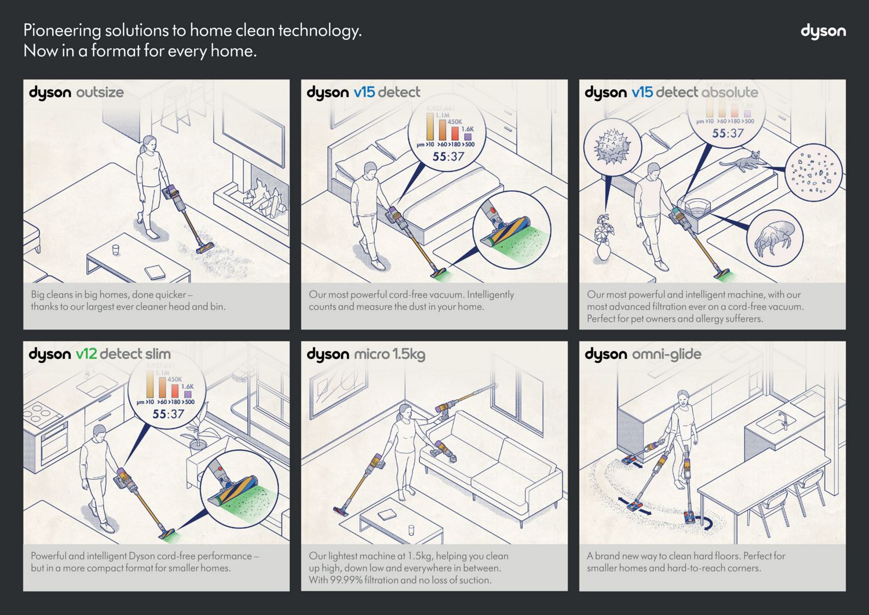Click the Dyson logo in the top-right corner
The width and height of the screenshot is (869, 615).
823,31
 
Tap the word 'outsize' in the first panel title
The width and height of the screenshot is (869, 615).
100,92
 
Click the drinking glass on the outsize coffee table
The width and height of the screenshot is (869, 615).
115,250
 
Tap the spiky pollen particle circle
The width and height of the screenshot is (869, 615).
612,145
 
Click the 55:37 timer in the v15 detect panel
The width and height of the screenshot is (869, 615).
448,157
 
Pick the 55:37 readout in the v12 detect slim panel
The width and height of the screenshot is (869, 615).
168,414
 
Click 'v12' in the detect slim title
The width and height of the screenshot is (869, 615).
86,354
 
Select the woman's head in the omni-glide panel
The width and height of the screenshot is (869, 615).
684,398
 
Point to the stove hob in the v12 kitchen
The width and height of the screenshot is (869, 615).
42,413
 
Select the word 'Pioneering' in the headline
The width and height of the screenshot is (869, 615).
62,30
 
